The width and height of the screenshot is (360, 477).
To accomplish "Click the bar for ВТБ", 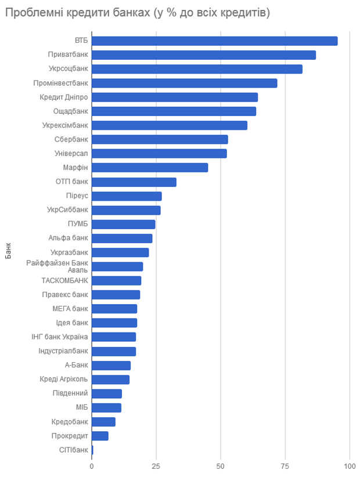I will point(214,41).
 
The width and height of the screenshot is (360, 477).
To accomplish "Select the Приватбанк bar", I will point(204,55).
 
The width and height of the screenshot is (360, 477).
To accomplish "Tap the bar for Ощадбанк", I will point(174,111).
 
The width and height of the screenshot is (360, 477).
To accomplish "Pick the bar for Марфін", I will point(150,168).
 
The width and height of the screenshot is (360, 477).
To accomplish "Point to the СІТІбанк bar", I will point(92,450).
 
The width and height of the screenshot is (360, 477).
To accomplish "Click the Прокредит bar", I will point(100,436).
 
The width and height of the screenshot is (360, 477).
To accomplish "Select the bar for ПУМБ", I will point(123,224).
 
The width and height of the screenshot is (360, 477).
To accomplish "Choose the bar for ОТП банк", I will point(134,182).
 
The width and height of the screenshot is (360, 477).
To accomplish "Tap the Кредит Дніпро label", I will point(64,97).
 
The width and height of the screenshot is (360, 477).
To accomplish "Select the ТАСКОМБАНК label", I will point(65,281).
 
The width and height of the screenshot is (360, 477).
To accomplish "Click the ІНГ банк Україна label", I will point(60,337).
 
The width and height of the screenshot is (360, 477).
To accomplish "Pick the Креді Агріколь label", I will point(64,380).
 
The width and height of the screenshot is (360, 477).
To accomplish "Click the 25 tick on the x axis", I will point(156,467).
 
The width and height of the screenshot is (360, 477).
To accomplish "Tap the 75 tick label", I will point(285,467).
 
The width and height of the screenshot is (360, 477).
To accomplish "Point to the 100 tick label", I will point(350,467).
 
